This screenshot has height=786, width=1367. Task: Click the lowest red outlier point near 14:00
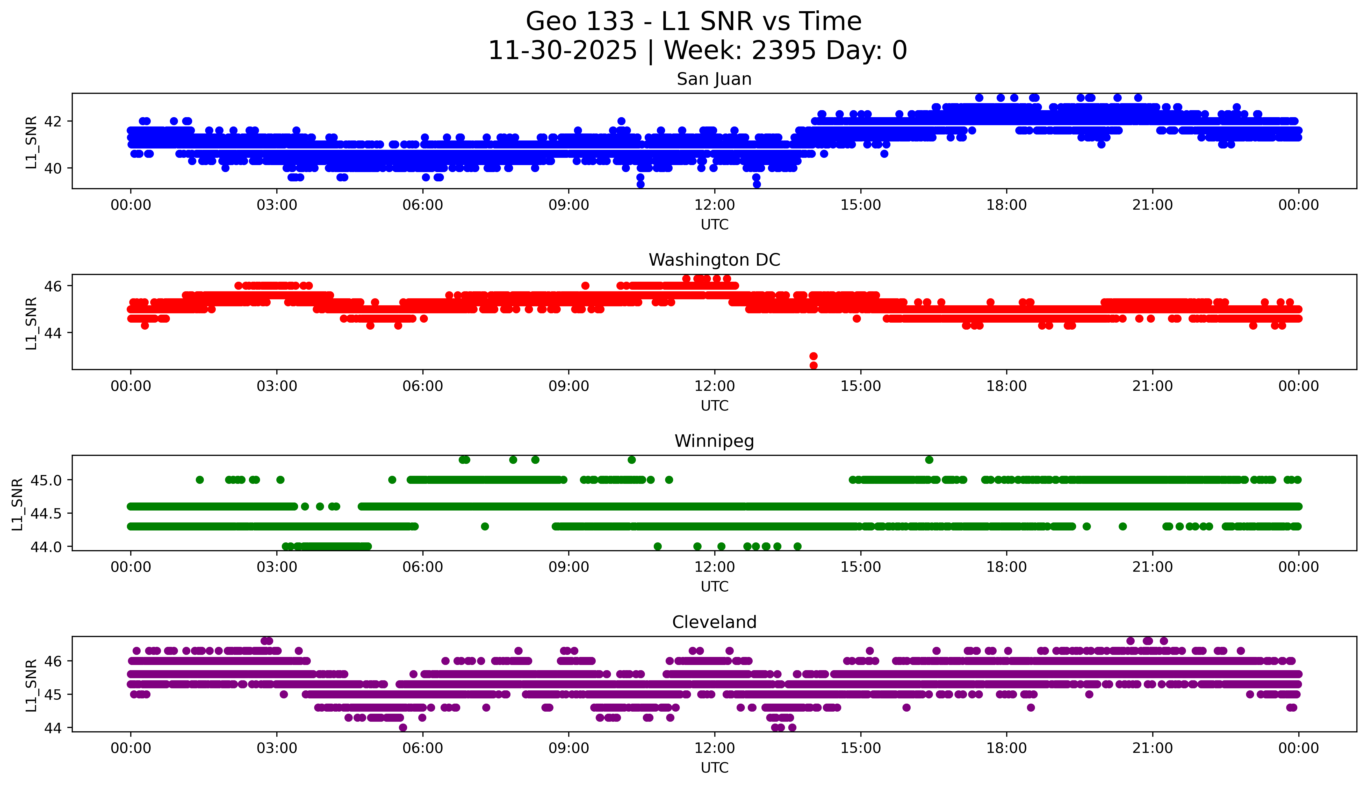tap(814, 365)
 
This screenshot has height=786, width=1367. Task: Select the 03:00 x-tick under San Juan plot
tap(277, 205)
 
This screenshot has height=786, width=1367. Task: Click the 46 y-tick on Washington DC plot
tap(53, 286)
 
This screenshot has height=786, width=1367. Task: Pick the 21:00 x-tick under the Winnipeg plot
tap(1152, 567)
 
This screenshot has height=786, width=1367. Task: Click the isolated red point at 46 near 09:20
tap(585, 286)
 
